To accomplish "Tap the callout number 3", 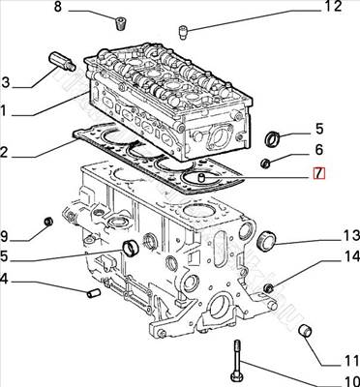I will click(x=7, y=81).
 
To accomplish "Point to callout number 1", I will click(x=7, y=111).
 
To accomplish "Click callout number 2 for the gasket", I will click(x=7, y=152).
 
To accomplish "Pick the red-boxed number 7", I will click(x=318, y=175).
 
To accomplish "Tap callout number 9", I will click(x=7, y=235).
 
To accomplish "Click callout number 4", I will click(x=7, y=282).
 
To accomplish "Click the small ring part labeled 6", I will click(x=265, y=163).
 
